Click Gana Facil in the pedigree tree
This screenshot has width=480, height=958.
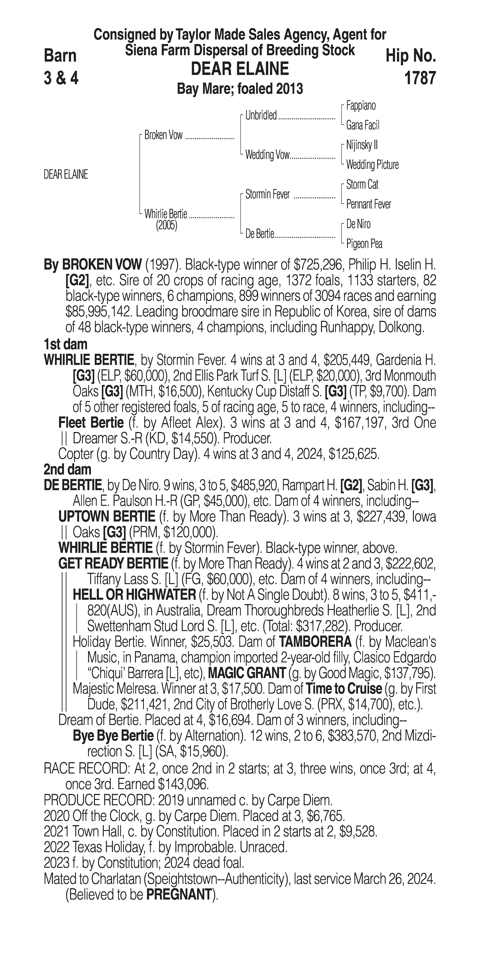[x=362, y=125]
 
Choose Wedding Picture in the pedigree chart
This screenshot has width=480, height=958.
[x=372, y=165]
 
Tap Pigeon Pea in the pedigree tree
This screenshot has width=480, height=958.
[x=364, y=244]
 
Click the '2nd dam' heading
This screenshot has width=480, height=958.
[x=67, y=470]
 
